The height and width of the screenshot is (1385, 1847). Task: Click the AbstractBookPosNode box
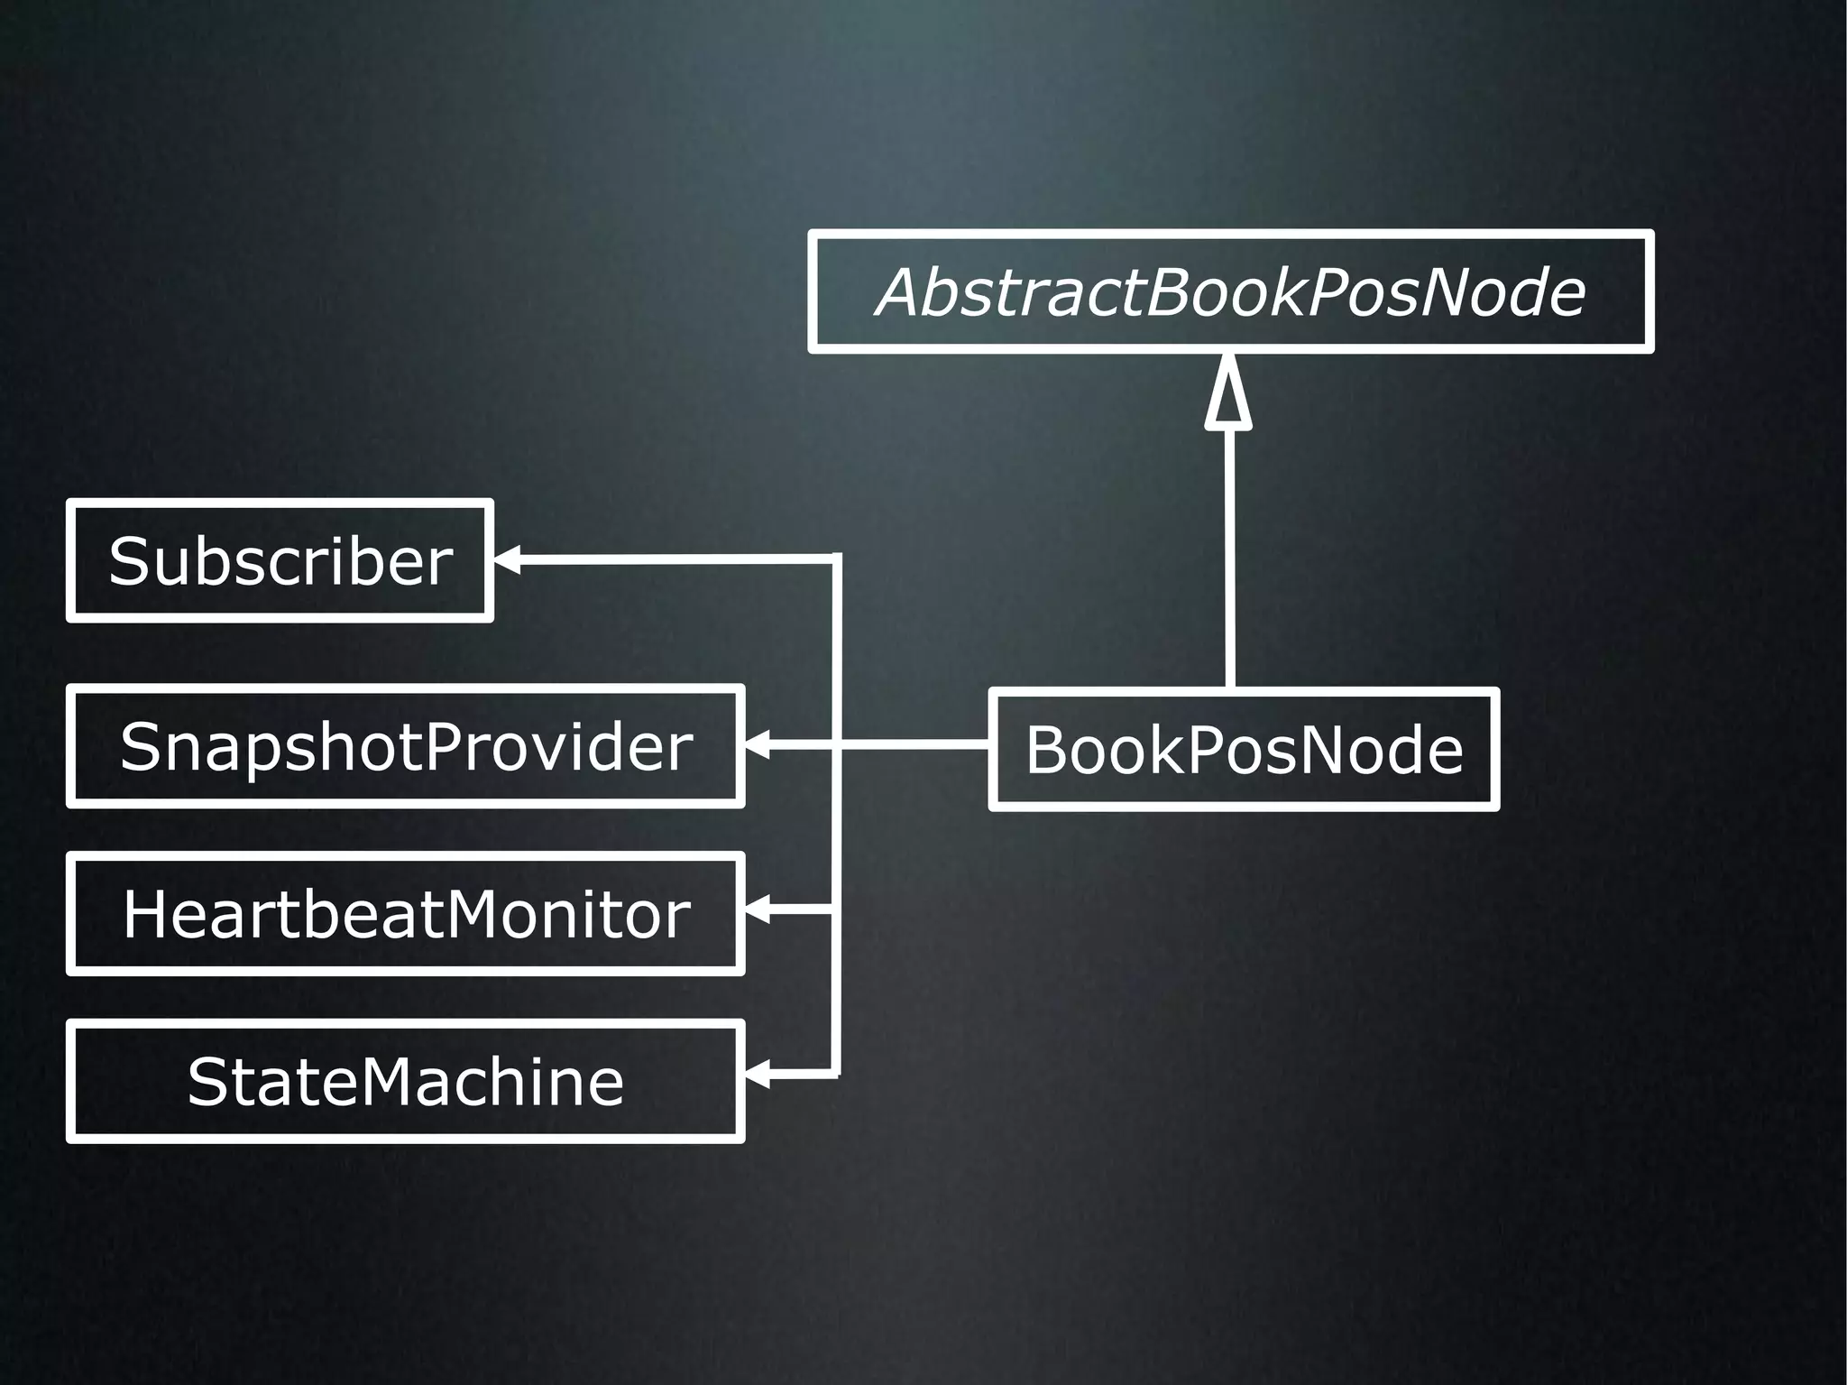tap(1230, 291)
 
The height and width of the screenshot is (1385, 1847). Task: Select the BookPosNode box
tap(1243, 750)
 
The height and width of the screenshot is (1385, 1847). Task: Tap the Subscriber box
tap(280, 560)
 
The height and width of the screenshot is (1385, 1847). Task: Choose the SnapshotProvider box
tap(405, 746)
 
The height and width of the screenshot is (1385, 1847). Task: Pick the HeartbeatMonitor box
tap(405, 913)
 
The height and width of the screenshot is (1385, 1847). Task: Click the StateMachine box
tap(405, 1081)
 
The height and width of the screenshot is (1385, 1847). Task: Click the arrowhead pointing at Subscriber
tap(506, 559)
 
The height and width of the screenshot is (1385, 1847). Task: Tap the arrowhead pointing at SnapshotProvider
tap(756, 745)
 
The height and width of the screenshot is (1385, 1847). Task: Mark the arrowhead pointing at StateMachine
tap(756, 1075)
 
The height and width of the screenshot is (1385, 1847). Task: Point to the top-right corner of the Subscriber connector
tap(836, 559)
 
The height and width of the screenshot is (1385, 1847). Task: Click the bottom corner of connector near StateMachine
tap(836, 1074)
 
